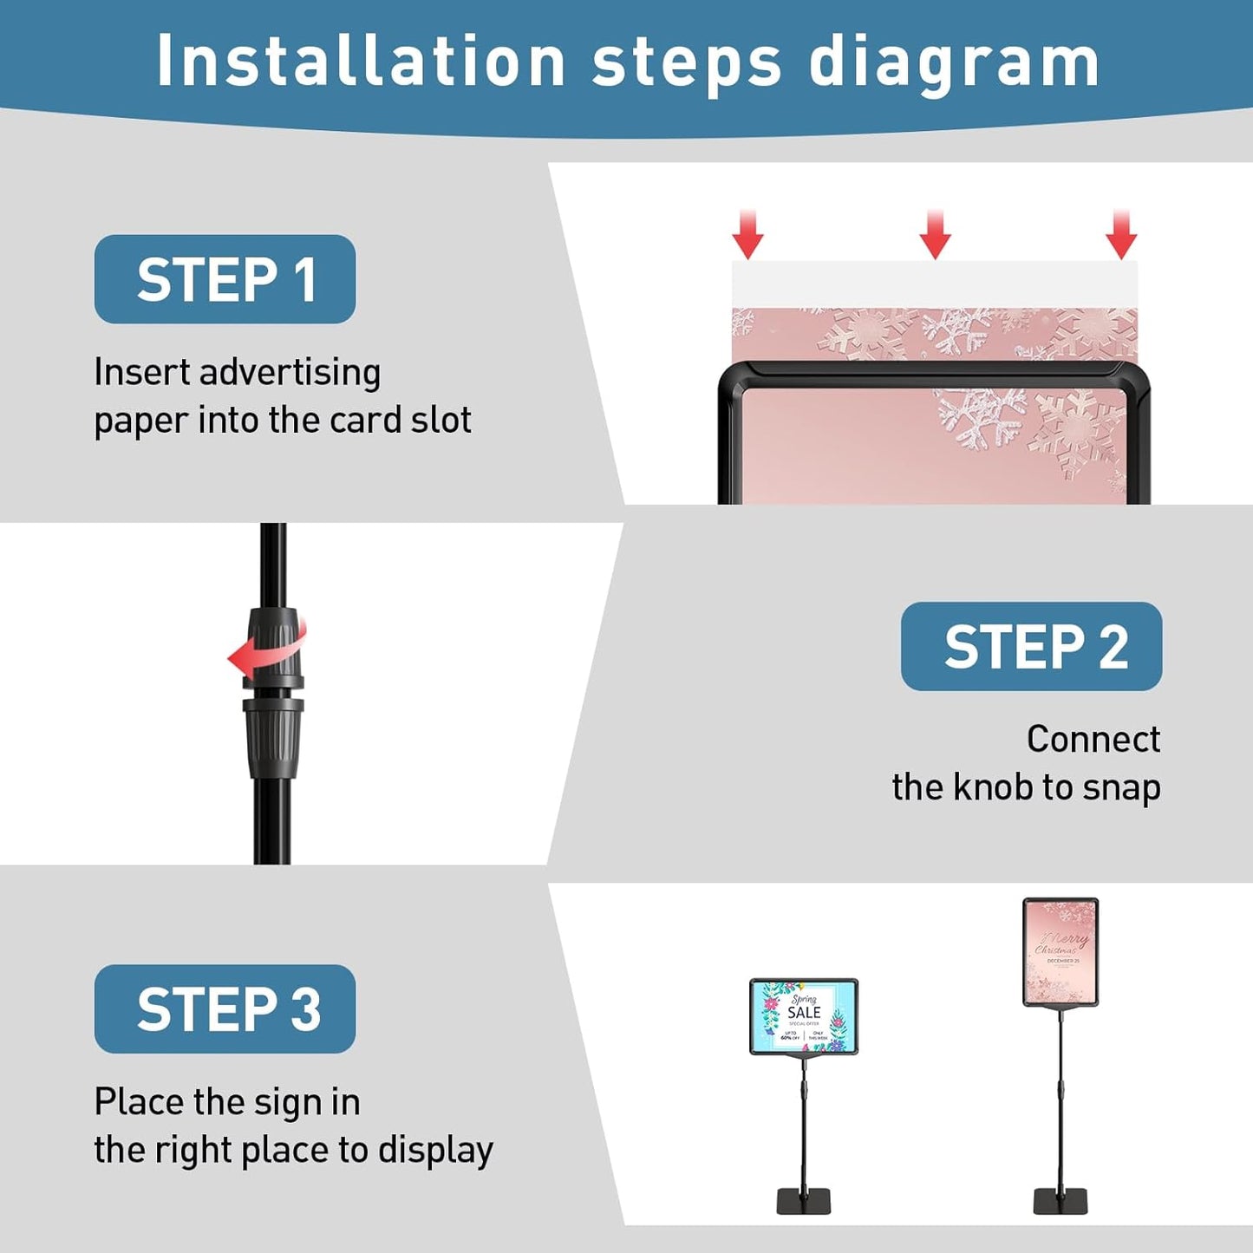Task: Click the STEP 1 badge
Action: point(225,279)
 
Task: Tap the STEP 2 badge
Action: point(1031,647)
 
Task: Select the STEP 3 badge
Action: point(225,1009)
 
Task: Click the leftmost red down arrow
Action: point(747,235)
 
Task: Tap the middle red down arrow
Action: point(935,235)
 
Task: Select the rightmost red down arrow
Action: point(1121,235)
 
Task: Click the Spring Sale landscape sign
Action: point(803,1016)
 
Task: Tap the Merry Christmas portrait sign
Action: point(1060,952)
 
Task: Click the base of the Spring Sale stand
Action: point(803,1201)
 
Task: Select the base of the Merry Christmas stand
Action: point(1060,1201)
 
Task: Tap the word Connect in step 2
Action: point(1093,739)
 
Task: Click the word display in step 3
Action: point(435,1151)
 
